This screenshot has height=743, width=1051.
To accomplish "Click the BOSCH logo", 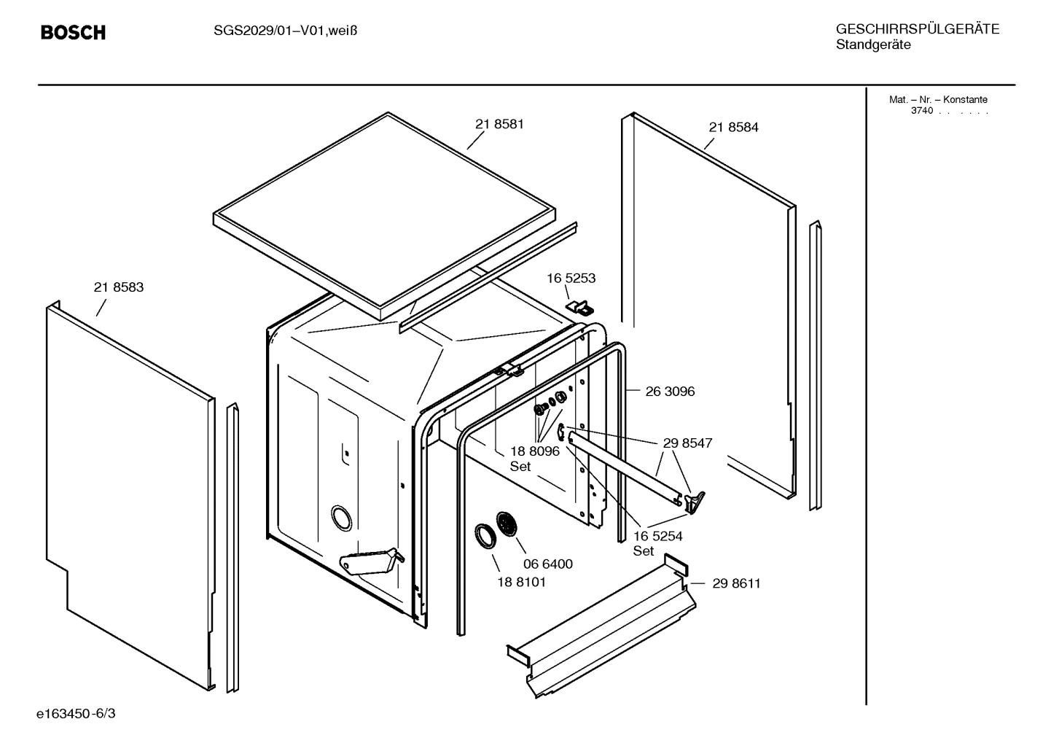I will [x=73, y=32].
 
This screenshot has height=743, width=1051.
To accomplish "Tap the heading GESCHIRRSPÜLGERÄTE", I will [x=917, y=29].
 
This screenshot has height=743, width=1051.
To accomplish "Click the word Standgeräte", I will [x=872, y=45].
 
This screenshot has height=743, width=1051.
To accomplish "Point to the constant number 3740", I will [x=921, y=111].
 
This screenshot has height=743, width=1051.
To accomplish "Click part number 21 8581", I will [x=499, y=124].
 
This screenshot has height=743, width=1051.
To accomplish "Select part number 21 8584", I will [x=733, y=127].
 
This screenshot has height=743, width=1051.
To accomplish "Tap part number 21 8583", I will [x=119, y=287].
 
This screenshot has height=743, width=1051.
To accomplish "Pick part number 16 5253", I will [x=571, y=278].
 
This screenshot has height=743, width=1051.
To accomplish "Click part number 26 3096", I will [x=670, y=392].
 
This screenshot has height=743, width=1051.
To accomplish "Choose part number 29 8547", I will [x=687, y=443].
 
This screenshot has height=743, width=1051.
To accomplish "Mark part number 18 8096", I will [x=534, y=451].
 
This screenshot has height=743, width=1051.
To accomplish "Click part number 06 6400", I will [x=548, y=564].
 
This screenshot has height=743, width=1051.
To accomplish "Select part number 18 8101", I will [x=521, y=582].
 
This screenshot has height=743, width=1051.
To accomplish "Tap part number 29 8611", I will [x=736, y=583].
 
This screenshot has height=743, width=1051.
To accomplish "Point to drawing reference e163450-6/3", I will [x=77, y=712].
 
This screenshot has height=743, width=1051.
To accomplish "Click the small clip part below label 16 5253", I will [x=579, y=306].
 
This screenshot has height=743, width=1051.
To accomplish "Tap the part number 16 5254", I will [x=657, y=536].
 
